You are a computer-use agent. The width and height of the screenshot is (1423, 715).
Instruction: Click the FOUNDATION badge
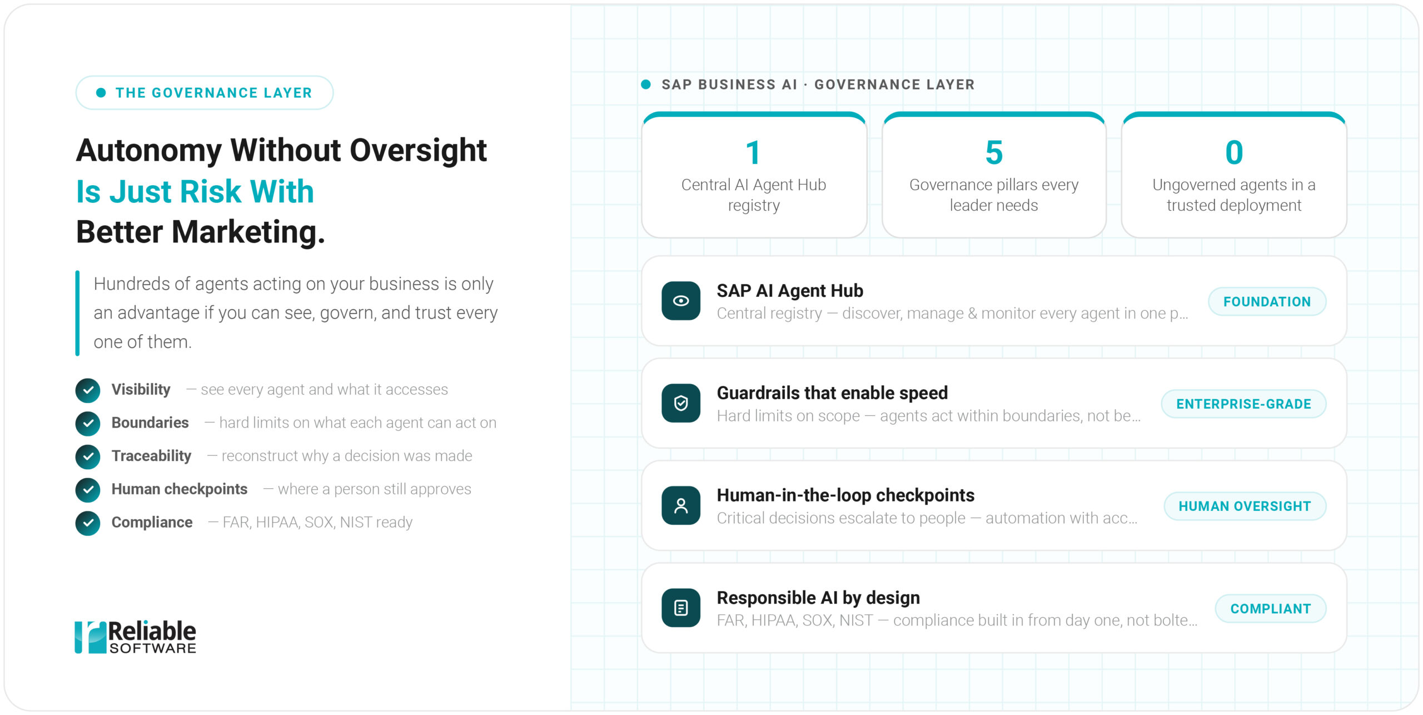[x=1267, y=301]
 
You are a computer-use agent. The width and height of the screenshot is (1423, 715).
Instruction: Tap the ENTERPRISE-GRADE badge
[x=1243, y=404]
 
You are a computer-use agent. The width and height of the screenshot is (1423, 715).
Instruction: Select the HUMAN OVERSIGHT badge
[x=1245, y=506]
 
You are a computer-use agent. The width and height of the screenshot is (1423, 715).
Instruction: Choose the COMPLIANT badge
[x=1270, y=608]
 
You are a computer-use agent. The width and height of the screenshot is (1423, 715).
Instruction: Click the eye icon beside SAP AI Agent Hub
[x=681, y=301]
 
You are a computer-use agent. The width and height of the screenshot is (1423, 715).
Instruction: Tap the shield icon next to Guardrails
[x=681, y=403]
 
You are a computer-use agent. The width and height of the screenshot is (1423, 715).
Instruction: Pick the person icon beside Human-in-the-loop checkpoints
[x=681, y=505]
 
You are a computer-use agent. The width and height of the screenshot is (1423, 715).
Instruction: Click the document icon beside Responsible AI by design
[x=681, y=608]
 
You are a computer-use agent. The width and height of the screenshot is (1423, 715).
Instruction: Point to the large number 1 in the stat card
[x=753, y=153]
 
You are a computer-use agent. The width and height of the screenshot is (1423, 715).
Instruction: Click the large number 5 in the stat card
[x=994, y=153]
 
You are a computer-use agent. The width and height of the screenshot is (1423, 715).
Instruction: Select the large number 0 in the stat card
[x=1234, y=153]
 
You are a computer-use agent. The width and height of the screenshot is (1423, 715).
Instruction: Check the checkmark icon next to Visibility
[x=88, y=390]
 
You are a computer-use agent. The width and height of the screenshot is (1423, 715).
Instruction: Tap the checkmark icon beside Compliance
[x=88, y=523]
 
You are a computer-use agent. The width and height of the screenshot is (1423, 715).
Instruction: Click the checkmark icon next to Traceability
[x=88, y=457]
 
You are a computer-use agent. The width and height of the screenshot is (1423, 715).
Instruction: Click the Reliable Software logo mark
[x=91, y=637]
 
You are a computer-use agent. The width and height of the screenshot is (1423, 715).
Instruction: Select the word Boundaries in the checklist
[x=150, y=423]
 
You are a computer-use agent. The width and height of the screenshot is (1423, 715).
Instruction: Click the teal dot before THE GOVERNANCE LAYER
[x=101, y=93]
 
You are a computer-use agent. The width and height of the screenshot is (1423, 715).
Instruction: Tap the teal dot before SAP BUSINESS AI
[x=646, y=85]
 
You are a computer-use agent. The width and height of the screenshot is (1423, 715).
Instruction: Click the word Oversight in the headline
[x=418, y=151]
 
